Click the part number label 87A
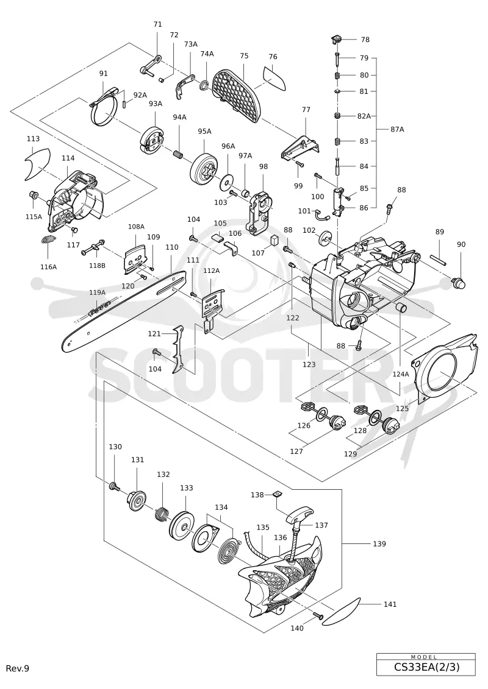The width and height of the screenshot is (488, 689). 397,129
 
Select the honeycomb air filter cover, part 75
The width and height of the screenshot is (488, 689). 236,96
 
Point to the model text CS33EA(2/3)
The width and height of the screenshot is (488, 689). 426,667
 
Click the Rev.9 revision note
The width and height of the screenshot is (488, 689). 18,668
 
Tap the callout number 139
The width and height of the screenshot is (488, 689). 379,543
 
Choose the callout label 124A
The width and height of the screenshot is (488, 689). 401,374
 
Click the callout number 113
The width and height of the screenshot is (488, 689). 33,139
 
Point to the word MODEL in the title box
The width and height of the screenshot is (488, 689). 426,657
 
